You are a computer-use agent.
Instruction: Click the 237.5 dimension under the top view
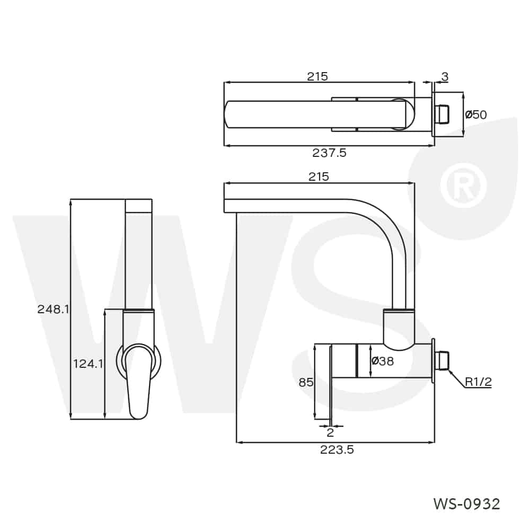pyautogui.click(x=329, y=153)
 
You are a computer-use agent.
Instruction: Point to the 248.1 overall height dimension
pyautogui.click(x=54, y=310)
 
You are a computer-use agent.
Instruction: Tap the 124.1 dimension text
pyautogui.click(x=88, y=364)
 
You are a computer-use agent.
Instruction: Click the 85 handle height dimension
pyautogui.click(x=306, y=382)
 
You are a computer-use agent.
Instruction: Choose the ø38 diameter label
pyautogui.click(x=382, y=361)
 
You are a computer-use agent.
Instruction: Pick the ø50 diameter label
pyautogui.click(x=475, y=114)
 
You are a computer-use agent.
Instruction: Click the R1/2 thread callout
pyautogui.click(x=478, y=382)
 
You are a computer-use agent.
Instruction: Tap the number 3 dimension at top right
pyautogui.click(x=445, y=77)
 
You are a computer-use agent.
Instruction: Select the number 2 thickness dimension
pyautogui.click(x=330, y=433)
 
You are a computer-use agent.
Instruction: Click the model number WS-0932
pyautogui.click(x=466, y=503)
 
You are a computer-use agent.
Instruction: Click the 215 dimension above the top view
pyautogui.click(x=317, y=76)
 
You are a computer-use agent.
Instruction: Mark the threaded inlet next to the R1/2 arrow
pyautogui.click(x=441, y=361)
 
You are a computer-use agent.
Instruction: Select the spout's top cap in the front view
pyautogui.click(x=139, y=206)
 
